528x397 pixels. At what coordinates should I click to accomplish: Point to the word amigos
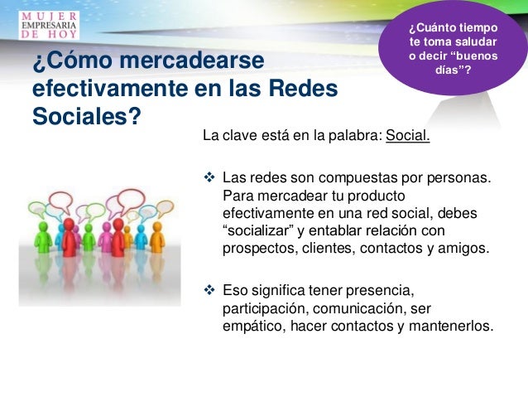pyautogui.click(x=463, y=248)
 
